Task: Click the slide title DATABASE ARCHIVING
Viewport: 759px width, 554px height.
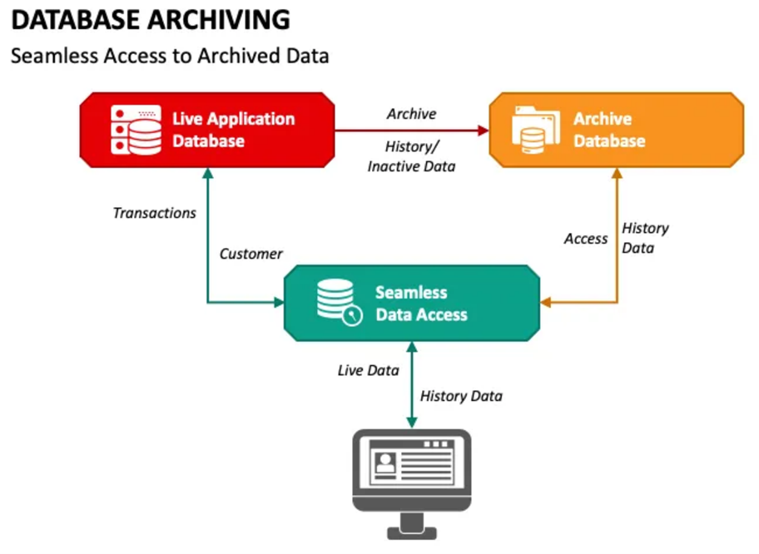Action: (x=151, y=20)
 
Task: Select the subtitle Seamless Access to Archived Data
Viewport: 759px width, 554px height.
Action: (x=170, y=56)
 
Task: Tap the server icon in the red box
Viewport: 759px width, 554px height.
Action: (x=136, y=130)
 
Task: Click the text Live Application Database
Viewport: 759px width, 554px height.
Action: (x=234, y=130)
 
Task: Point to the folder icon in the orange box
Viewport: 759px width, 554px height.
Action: (x=536, y=130)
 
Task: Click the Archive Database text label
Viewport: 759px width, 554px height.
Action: (x=609, y=130)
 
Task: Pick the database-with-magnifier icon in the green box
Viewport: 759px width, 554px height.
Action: (x=340, y=302)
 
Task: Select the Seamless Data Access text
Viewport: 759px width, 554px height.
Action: (x=422, y=304)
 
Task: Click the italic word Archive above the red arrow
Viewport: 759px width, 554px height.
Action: (x=411, y=114)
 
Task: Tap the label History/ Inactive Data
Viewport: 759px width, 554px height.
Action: (x=411, y=156)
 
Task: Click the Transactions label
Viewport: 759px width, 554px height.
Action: (x=155, y=213)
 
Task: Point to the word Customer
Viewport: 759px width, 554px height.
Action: (x=251, y=254)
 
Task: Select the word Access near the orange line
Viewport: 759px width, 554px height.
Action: (x=586, y=239)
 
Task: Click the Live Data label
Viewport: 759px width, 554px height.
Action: (x=369, y=370)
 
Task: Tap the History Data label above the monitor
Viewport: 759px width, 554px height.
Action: (x=461, y=396)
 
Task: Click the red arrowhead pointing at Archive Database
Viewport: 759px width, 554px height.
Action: (x=483, y=130)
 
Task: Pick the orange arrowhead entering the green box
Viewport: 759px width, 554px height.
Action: (x=546, y=303)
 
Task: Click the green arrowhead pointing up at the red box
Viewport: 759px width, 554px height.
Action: (x=208, y=173)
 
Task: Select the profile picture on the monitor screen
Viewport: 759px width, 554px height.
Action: (x=385, y=464)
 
